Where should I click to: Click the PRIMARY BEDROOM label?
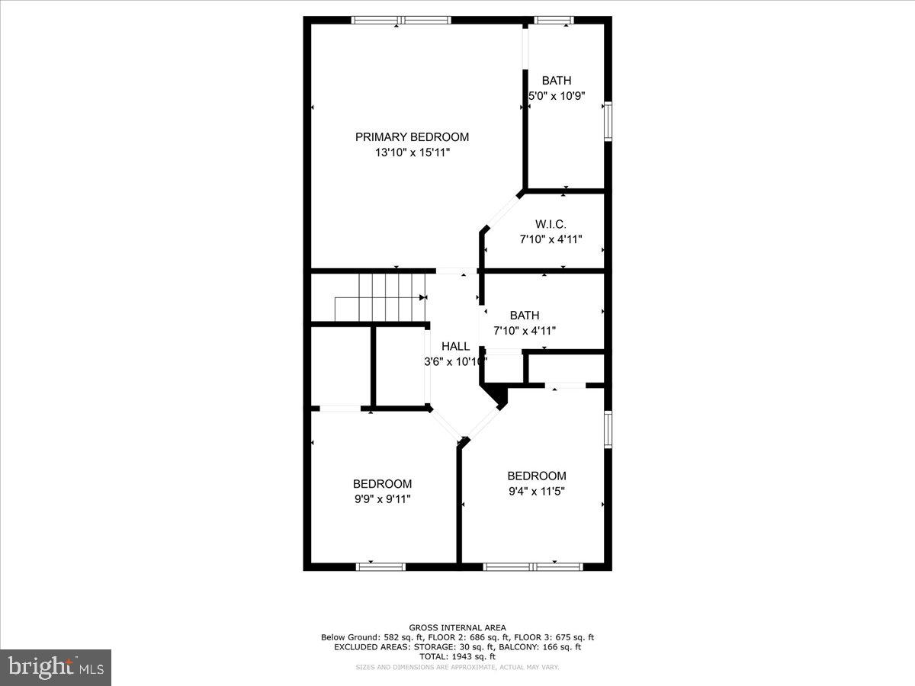412,137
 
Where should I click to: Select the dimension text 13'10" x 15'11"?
412,152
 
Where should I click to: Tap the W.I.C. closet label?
551,224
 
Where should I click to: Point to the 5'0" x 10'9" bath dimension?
557,96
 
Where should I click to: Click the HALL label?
455,346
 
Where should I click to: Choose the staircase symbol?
381,297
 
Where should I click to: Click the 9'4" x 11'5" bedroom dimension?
537,491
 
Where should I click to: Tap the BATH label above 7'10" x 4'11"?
525,316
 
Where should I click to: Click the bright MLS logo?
56,667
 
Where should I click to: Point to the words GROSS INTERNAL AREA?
457,628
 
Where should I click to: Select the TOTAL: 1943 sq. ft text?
457,656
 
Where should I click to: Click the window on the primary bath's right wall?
608,121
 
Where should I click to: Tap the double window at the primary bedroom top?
401,21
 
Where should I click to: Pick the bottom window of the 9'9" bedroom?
381,566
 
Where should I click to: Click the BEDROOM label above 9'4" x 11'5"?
537,476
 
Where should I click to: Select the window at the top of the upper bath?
554,21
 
